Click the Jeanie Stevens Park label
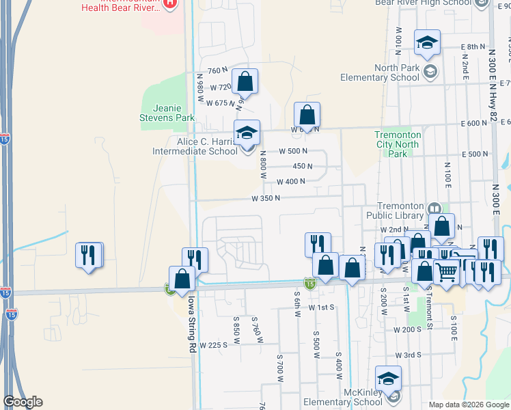pyautogui.click(x=167, y=113)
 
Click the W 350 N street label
pyautogui.click(x=266, y=199)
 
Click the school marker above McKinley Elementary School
pyautogui.click(x=388, y=379)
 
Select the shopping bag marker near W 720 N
pyautogui.click(x=245, y=82)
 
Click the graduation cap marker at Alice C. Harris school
pyautogui.click(x=247, y=133)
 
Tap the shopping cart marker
pyautogui.click(x=447, y=272)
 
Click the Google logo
pyautogui.click(x=23, y=402)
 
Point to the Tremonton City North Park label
pyautogui.click(x=398, y=144)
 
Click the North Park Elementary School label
pyautogui.click(x=396, y=72)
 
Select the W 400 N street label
pyautogui.click(x=291, y=182)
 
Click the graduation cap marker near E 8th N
pyautogui.click(x=427, y=42)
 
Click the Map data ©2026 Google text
pyautogui.click(x=469, y=405)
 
